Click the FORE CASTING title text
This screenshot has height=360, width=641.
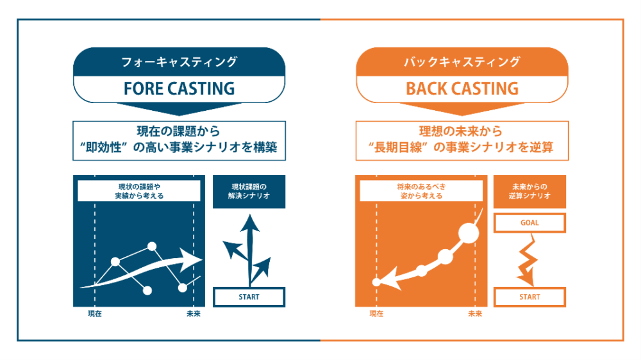(x=179, y=88)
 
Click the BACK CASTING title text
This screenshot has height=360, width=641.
(x=462, y=88)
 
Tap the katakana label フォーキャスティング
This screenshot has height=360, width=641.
(x=179, y=62)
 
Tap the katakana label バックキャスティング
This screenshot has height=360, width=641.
(x=462, y=62)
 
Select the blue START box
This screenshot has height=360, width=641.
(x=249, y=297)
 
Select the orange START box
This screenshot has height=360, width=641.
(x=529, y=297)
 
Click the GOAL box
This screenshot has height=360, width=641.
(x=529, y=223)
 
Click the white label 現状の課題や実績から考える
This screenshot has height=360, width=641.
(x=139, y=191)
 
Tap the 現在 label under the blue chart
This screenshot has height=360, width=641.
(x=95, y=314)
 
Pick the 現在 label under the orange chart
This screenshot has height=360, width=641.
(x=376, y=314)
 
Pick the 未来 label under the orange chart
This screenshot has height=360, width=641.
(x=475, y=314)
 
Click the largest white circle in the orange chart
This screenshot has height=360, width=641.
(x=469, y=233)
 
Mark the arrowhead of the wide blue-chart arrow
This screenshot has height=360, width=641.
(x=193, y=259)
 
